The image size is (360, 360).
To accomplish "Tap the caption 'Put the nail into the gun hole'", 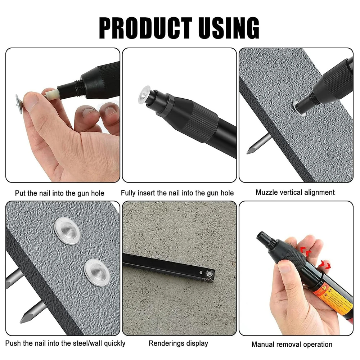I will click(60, 193).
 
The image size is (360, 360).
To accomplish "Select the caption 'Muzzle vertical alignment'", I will click(295, 192).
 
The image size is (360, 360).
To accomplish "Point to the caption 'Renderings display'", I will click(179, 343).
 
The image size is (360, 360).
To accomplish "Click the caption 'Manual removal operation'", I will click(292, 345).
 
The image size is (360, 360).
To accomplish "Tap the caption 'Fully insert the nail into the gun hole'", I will click(177, 193).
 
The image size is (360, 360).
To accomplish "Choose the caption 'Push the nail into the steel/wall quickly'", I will click(65, 343).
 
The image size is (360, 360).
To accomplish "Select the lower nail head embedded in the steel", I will click(96, 272).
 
